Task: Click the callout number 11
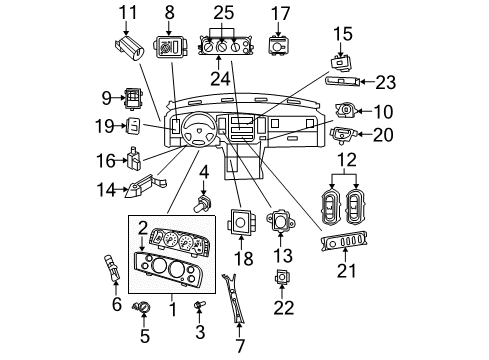[x=126, y=12]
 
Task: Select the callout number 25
[x=222, y=13]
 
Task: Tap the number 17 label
[x=282, y=13]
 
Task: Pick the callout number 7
[x=240, y=345]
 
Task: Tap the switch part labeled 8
[x=168, y=47]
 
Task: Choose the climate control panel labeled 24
[x=222, y=46]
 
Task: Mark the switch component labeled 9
[x=131, y=97]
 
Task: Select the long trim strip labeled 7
[x=236, y=304]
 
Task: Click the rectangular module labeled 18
[x=241, y=223]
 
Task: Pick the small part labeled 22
[x=283, y=279]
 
